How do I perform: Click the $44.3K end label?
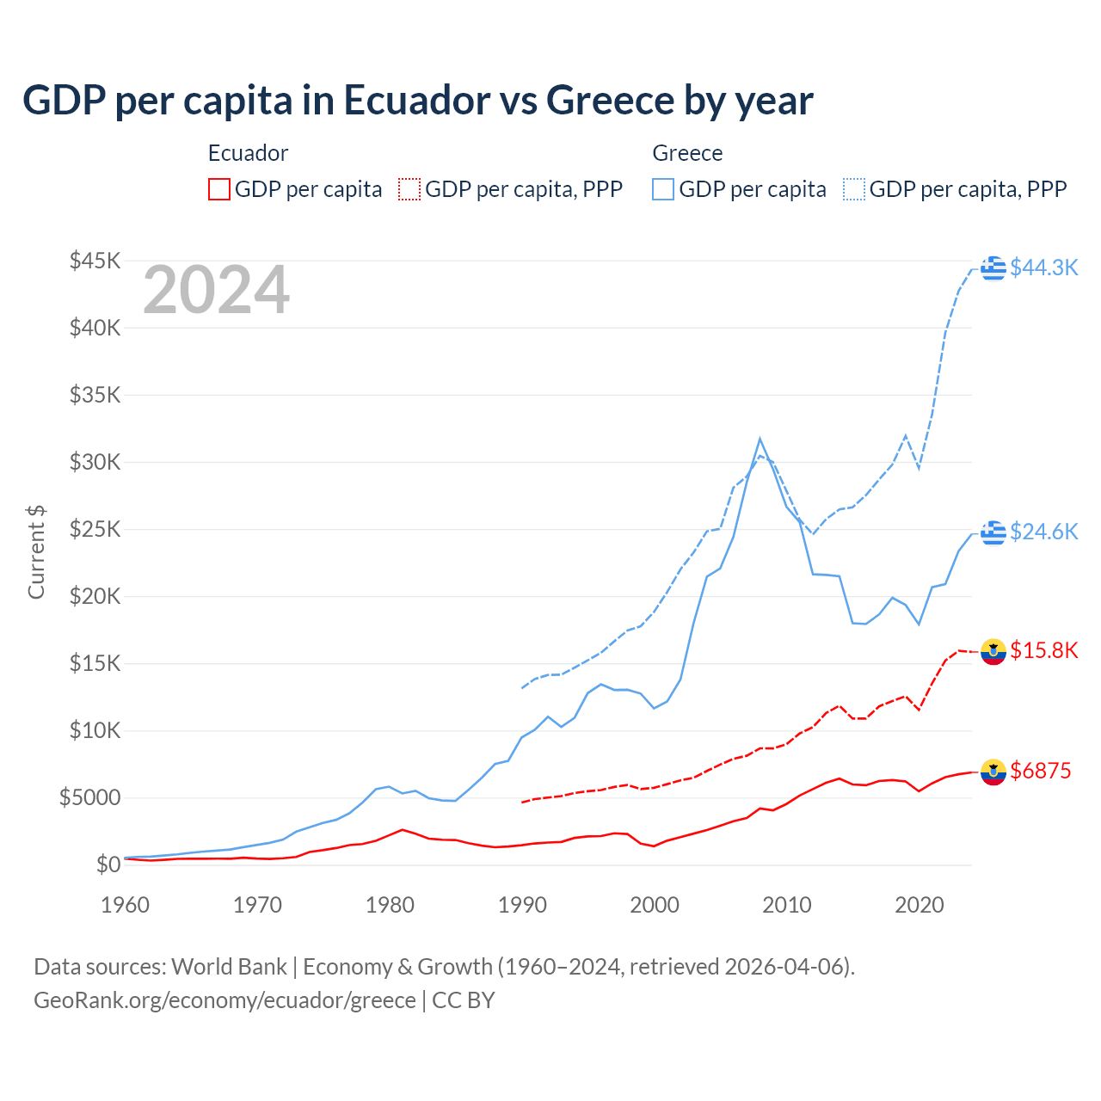[x=1043, y=268]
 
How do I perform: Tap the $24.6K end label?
[x=1043, y=532]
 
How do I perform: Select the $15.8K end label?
[x=1043, y=650]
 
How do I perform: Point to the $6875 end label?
[x=1040, y=771]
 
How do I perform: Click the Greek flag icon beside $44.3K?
[x=993, y=268]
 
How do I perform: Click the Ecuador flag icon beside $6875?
[x=993, y=772]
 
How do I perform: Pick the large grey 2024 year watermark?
[x=216, y=290]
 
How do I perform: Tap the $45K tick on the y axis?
[x=95, y=261]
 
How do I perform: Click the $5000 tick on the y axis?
[x=89, y=797]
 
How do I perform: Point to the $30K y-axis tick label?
[x=95, y=462]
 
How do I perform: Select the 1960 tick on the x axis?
[x=125, y=905]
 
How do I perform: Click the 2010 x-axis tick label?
[x=786, y=905]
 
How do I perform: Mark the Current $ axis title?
[x=36, y=552]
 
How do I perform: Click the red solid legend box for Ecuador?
[x=219, y=189]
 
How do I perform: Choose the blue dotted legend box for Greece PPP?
[x=854, y=189]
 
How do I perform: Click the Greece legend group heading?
[x=687, y=153]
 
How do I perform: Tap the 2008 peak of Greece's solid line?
[x=760, y=440]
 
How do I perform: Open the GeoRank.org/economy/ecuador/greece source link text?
[x=225, y=1000]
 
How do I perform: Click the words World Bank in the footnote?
[x=229, y=967]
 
